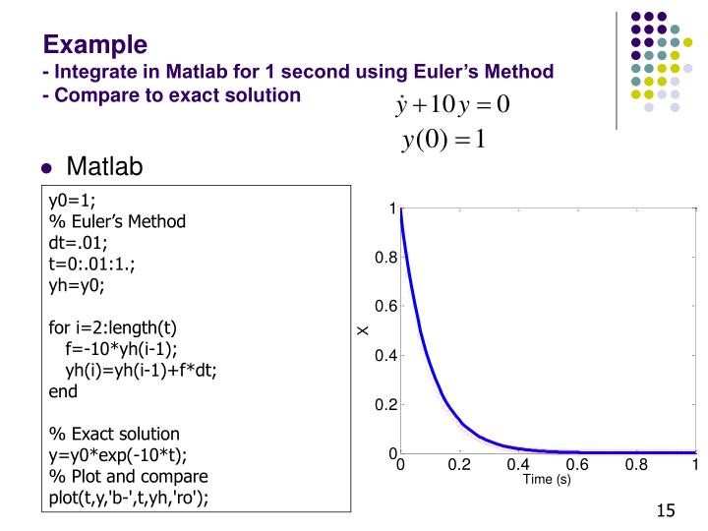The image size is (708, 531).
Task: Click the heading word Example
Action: tap(95, 44)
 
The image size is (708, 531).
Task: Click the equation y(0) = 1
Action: tap(444, 140)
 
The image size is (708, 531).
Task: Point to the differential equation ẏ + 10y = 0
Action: tap(451, 104)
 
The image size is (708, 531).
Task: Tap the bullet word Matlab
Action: tap(104, 167)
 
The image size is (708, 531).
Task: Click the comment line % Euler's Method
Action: tap(117, 221)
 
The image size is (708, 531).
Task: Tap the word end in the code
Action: tap(63, 390)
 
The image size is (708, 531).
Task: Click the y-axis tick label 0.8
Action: tap(383, 258)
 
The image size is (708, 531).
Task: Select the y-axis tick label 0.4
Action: tap(383, 356)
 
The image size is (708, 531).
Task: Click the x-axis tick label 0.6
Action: tap(577, 465)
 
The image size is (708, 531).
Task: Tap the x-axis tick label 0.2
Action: tap(459, 465)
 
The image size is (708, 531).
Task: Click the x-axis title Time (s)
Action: tap(547, 480)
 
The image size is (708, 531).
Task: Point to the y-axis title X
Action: tap(363, 330)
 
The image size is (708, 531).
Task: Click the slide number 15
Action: tap(667, 510)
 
